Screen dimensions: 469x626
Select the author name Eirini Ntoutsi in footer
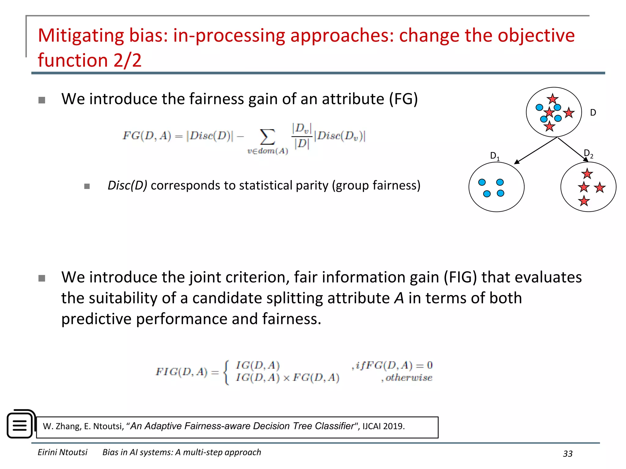tap(62, 452)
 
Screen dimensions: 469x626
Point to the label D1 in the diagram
tap(495, 156)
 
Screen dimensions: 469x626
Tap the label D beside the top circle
tap(593, 113)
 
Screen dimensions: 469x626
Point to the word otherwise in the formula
tap(409, 378)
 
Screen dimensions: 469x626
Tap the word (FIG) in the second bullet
tap(460, 277)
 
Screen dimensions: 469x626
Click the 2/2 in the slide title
tap(127, 60)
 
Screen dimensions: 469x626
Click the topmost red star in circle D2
tap(587, 174)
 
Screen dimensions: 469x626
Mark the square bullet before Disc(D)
tap(87, 186)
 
